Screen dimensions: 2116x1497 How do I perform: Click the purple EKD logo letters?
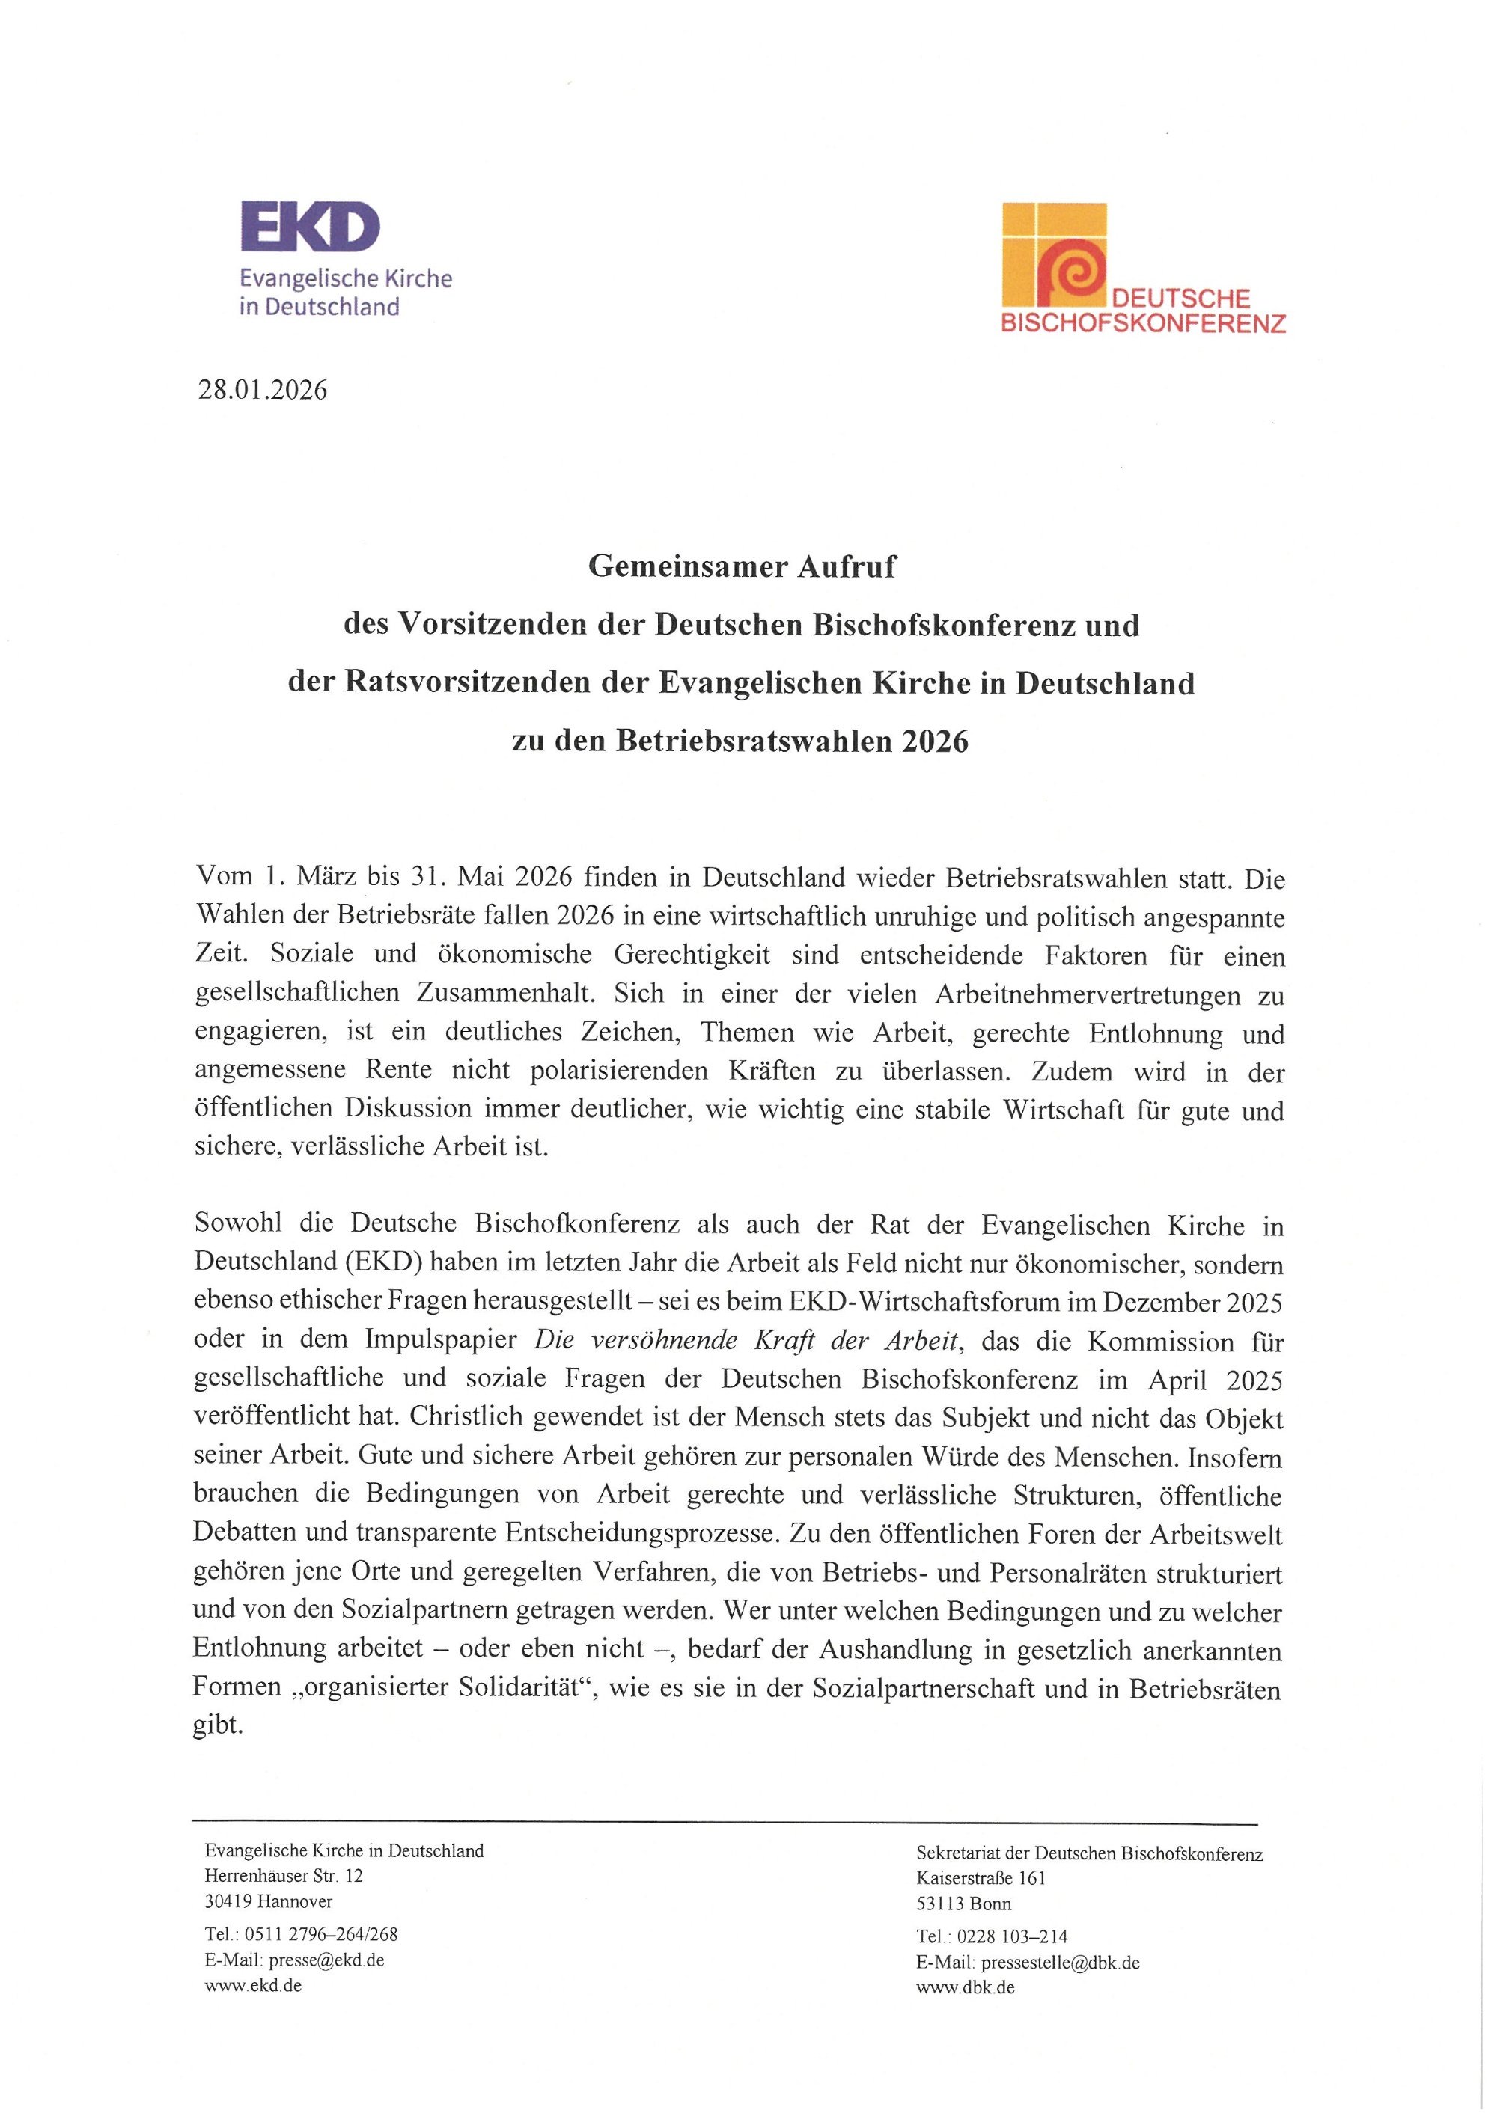coord(310,227)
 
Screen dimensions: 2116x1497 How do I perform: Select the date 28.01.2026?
coord(263,390)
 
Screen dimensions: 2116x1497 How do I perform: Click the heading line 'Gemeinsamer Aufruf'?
coord(741,566)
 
